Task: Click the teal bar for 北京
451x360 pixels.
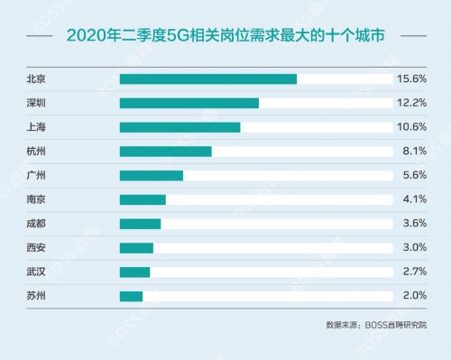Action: coord(207,78)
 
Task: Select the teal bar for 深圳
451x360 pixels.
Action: coord(189,103)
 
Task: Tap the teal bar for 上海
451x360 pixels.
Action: coord(179,127)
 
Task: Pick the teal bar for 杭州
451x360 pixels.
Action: coord(165,151)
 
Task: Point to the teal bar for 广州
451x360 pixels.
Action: coord(151,175)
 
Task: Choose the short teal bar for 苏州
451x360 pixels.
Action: coord(131,296)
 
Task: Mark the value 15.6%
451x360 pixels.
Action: coord(410,78)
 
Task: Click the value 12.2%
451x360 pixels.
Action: coord(410,103)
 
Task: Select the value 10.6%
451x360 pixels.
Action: coord(410,127)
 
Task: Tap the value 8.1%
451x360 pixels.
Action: coord(413,151)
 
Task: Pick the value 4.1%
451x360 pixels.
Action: coord(413,199)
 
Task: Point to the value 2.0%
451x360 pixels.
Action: coord(413,296)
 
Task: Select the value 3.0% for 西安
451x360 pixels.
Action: coord(413,247)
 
